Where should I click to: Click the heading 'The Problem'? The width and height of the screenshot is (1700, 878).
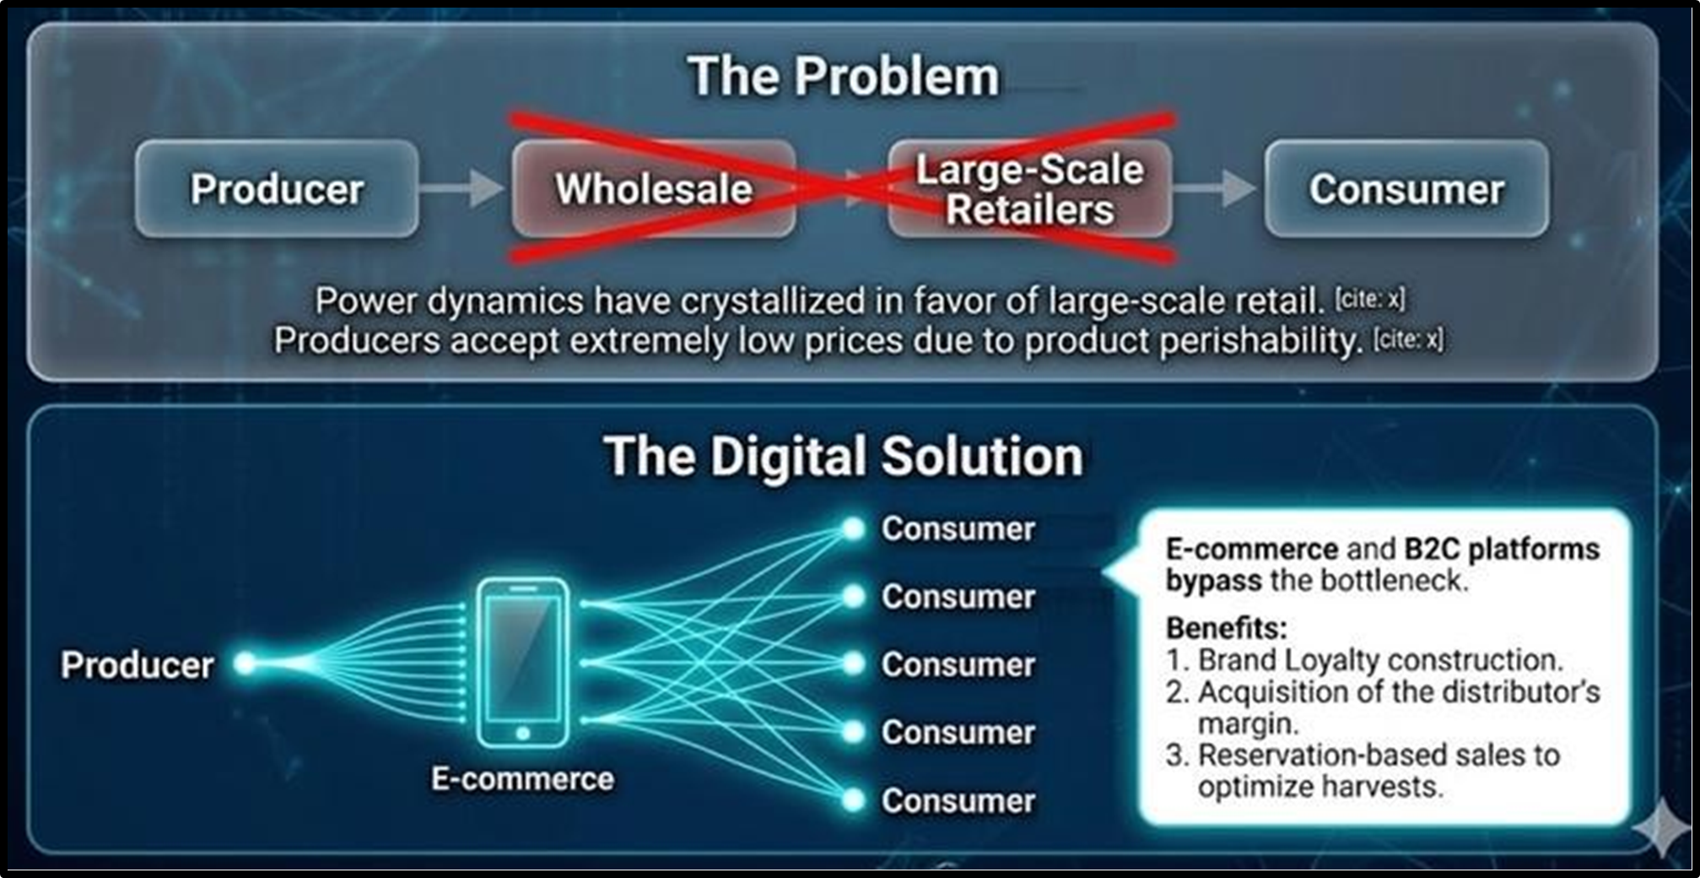tap(844, 77)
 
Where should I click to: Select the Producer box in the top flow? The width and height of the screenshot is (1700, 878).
tap(277, 188)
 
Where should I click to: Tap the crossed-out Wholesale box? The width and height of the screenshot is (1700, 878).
tap(654, 188)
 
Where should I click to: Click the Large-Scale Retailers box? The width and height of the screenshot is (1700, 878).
tap(1030, 188)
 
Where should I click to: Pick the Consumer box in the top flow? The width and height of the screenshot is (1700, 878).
tap(1406, 188)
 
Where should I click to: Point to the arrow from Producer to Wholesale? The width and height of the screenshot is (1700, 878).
tap(462, 187)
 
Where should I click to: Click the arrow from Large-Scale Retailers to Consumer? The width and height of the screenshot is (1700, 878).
tap(1215, 187)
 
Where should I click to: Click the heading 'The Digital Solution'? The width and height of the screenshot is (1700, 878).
tap(844, 457)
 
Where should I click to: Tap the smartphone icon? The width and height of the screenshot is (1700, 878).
tap(523, 662)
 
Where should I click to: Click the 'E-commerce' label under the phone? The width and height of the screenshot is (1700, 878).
tap(522, 778)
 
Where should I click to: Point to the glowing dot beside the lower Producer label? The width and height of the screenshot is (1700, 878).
tap(246, 664)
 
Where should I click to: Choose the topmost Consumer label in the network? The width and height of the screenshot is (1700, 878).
tap(958, 529)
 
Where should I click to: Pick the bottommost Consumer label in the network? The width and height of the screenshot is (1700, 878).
tap(958, 801)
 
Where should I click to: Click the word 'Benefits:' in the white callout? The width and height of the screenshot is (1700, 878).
tap(1227, 628)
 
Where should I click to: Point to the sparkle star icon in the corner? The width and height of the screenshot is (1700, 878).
tap(1661, 829)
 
